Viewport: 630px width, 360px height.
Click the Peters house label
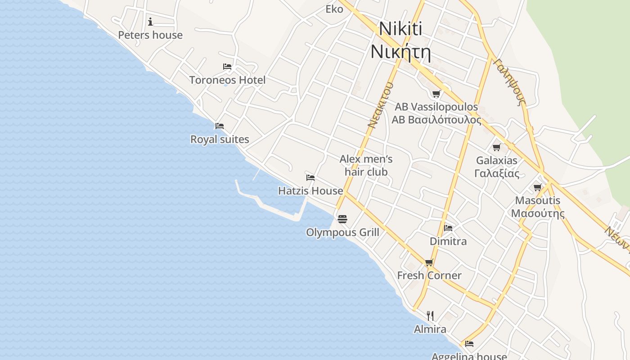150,35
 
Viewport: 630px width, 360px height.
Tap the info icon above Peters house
150,22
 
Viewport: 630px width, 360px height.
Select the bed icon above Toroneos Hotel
227,67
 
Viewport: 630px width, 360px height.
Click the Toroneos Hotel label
227,80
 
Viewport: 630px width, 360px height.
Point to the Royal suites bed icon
220,126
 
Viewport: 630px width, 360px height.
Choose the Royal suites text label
220,139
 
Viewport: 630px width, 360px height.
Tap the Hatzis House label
310,191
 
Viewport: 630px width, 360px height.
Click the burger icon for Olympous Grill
342,219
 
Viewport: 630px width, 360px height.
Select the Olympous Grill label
342,233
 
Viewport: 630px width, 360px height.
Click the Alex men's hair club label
366,165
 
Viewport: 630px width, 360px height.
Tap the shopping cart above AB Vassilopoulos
436,94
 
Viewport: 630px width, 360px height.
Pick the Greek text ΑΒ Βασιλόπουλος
436,120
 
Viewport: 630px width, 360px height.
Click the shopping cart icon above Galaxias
497,147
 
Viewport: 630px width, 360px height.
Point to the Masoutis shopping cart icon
538,187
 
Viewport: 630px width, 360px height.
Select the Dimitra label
448,241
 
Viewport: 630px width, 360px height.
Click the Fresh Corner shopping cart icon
429,262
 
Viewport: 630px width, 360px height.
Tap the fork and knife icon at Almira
430,315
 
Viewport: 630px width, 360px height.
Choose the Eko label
334,9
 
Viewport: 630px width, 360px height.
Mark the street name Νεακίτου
380,105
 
